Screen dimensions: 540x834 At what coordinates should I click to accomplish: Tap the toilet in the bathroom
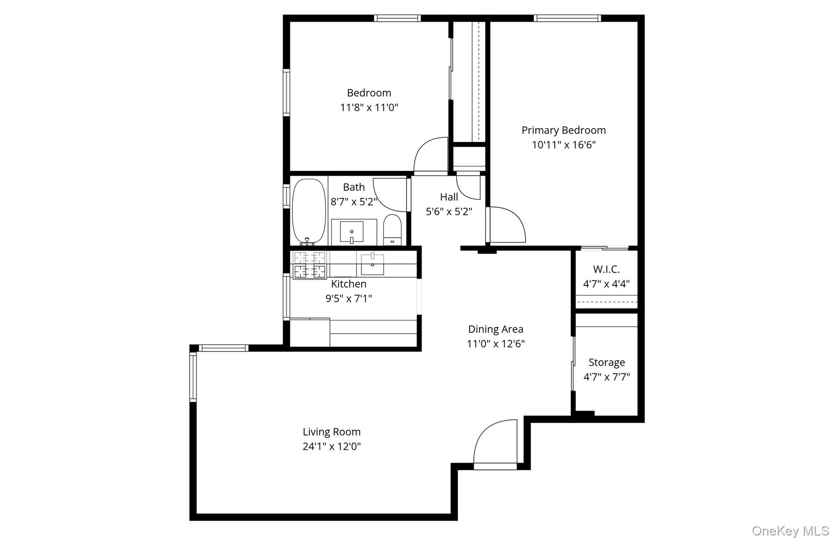pyautogui.click(x=393, y=230)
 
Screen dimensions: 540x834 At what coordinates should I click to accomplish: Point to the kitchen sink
pyautogui.click(x=372, y=264)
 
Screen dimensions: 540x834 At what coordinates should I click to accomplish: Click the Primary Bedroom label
pyautogui.click(x=564, y=130)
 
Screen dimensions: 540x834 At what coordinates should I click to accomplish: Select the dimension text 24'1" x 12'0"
pyautogui.click(x=331, y=446)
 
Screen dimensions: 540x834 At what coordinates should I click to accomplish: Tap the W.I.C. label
pyautogui.click(x=606, y=269)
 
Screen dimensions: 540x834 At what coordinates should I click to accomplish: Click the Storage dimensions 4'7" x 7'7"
pyautogui.click(x=606, y=377)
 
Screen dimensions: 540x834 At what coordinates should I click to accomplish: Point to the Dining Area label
pyautogui.click(x=496, y=329)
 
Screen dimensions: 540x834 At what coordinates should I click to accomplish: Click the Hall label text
pyautogui.click(x=449, y=197)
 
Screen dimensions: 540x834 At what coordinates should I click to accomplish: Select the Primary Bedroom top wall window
pyautogui.click(x=567, y=18)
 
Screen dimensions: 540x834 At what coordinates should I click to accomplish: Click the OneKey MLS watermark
pyautogui.click(x=790, y=531)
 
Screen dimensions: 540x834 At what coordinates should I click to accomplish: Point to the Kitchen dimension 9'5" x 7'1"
pyautogui.click(x=349, y=299)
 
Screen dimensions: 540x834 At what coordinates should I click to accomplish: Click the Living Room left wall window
pyautogui.click(x=193, y=377)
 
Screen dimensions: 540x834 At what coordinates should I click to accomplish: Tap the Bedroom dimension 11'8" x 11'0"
pyautogui.click(x=369, y=108)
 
